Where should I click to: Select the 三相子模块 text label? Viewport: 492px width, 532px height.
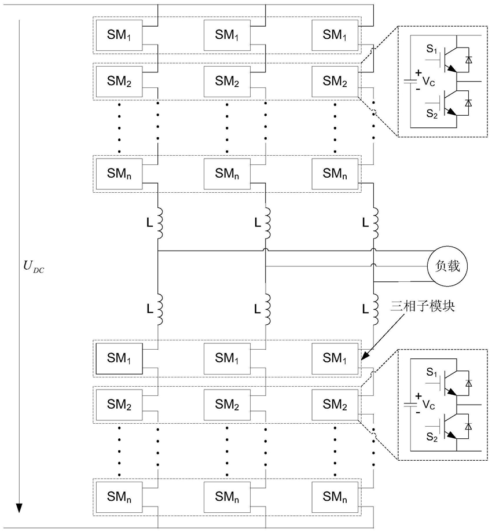423,307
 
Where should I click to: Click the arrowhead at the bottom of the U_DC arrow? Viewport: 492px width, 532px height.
20,508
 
